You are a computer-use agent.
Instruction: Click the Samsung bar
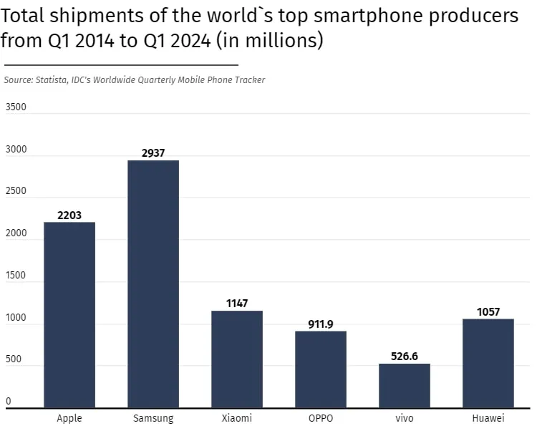pos(153,284)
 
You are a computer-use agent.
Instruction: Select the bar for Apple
pos(69,315)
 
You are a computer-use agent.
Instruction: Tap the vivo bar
pos(405,385)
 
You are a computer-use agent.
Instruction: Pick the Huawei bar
pos(488,363)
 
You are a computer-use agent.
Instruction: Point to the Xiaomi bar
pos(237,359)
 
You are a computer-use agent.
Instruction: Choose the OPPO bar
pos(321,369)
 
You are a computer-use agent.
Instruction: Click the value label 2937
pos(153,152)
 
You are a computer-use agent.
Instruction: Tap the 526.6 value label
pos(405,356)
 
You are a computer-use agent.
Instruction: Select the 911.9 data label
pos(321,324)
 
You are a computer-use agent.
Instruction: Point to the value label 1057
pos(488,311)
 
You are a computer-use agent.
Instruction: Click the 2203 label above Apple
pos(69,215)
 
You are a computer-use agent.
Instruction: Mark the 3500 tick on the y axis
pos(16,107)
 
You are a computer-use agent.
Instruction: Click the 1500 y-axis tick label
pos(16,275)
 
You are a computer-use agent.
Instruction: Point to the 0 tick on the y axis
pos(9,401)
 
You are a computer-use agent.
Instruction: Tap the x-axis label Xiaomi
pos(237,418)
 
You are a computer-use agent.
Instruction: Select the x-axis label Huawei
pos(488,418)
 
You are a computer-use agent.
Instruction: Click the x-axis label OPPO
pos(321,418)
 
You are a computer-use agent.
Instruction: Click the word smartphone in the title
pos(369,16)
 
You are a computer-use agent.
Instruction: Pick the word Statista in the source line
pos(52,79)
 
